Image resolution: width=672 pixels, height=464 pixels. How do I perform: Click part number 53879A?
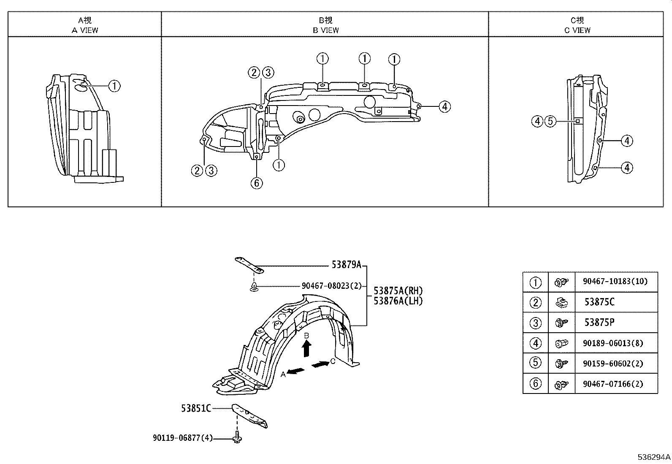tap(346, 265)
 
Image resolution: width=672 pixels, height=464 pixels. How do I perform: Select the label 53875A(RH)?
tap(398, 291)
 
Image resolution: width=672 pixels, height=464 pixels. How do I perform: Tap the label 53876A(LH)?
tap(398, 301)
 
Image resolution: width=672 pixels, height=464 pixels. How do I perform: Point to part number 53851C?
tap(196, 408)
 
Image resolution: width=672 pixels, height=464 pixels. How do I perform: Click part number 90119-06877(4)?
tap(183, 438)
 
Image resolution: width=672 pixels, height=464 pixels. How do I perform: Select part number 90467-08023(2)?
tap(331, 286)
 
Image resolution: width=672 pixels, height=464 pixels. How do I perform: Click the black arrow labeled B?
tap(307, 349)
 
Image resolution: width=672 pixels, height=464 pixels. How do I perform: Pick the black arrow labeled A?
tap(297, 371)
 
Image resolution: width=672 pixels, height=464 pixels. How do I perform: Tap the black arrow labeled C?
tap(321, 364)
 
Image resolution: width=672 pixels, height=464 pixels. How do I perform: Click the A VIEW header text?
tap(85, 30)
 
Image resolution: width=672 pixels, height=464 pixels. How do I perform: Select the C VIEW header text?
tap(577, 30)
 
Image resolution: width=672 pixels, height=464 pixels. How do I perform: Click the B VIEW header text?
tap(325, 30)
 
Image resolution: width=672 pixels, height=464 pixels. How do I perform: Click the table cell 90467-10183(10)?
tap(617, 282)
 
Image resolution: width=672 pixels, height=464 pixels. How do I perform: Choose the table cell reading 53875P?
tap(599, 323)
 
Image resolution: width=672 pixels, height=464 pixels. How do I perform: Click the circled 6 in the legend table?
tap(535, 384)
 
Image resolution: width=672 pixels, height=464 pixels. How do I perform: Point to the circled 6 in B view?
tap(257, 183)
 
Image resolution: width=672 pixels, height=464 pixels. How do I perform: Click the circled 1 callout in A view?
tap(114, 86)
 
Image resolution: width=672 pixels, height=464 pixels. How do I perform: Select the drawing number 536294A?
tap(654, 457)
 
